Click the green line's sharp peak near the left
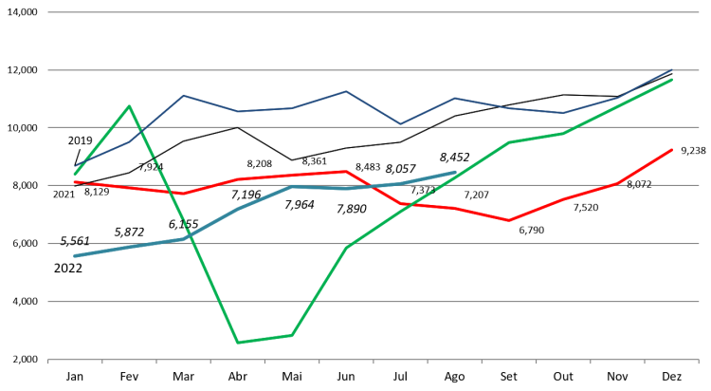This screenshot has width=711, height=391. (129, 105)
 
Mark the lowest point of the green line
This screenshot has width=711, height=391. (237, 343)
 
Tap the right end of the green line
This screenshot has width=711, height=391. (672, 80)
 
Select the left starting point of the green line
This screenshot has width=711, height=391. (75, 175)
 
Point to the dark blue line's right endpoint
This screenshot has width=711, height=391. (672, 69)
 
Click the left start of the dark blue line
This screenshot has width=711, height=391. (75, 167)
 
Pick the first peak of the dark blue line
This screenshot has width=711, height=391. (183, 95)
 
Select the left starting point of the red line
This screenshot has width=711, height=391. (75, 181)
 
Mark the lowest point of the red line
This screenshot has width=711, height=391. (509, 220)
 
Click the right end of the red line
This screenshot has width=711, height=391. (672, 149)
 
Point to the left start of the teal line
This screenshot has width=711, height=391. (75, 255)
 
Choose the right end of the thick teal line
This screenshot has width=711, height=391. (455, 172)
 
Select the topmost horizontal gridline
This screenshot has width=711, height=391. (373, 12)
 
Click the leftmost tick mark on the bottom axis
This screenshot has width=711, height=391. (48, 362)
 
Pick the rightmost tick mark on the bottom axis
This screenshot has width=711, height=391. (699, 362)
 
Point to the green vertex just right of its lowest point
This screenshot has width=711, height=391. (292, 335)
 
